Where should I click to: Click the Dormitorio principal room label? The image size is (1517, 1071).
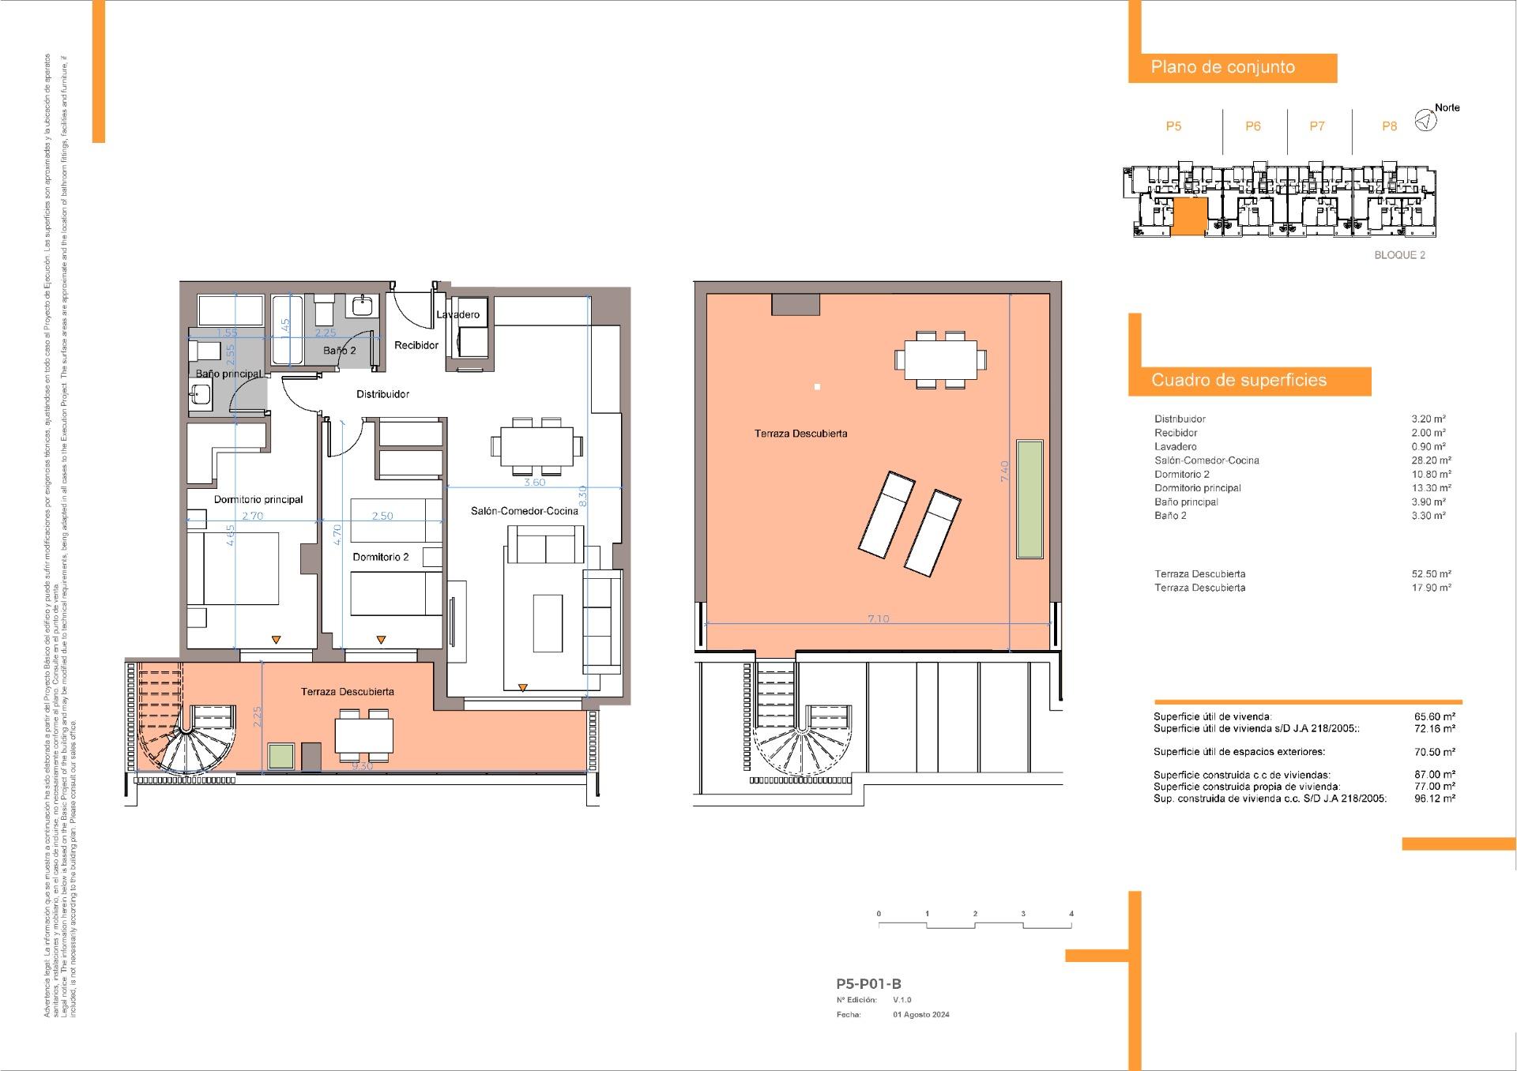tap(258, 499)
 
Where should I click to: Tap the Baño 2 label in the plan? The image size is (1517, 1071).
tap(340, 350)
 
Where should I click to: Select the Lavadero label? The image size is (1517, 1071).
tap(457, 314)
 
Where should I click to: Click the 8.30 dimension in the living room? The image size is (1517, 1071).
tap(582, 496)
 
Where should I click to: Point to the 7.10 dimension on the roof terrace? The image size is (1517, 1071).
tap(878, 618)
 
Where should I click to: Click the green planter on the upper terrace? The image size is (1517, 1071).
tap(1029, 499)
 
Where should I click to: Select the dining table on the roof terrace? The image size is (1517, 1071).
tap(940, 360)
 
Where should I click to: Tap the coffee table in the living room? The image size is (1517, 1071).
tap(548, 622)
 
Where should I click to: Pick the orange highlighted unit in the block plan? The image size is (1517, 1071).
tap(1188, 217)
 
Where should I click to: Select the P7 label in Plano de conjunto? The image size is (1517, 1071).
tap(1316, 126)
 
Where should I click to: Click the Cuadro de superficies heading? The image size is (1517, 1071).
tap(1238, 381)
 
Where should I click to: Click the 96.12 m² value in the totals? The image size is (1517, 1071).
tap(1434, 799)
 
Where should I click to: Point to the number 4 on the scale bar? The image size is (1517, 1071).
tap(1071, 914)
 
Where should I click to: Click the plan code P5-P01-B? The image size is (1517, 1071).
tap(868, 984)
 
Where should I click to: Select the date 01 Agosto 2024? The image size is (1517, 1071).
tap(921, 1015)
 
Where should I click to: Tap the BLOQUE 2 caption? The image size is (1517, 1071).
tap(1399, 255)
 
